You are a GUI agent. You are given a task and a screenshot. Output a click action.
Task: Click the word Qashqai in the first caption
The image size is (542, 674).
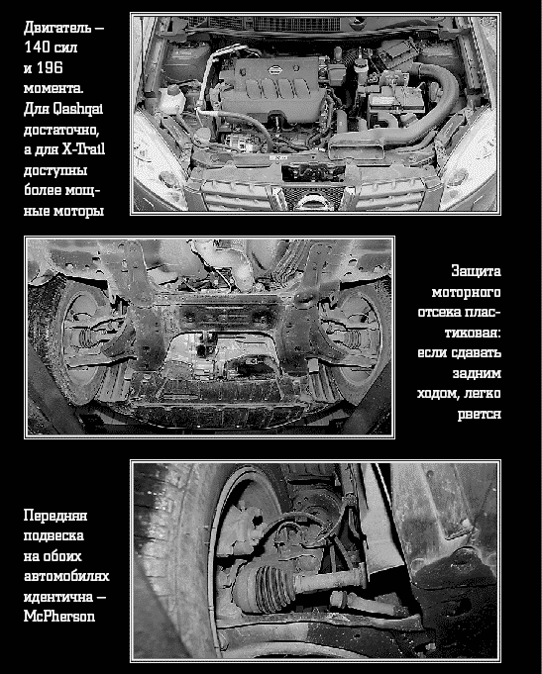coord(78,109)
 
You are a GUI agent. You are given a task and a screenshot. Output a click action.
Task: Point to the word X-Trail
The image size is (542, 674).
coord(83,149)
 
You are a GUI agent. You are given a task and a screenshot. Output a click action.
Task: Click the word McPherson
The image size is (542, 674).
coord(59,616)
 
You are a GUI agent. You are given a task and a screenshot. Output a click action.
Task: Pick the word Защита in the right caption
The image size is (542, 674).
coord(477,271)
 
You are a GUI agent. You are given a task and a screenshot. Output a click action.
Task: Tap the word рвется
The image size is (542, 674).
coord(480,415)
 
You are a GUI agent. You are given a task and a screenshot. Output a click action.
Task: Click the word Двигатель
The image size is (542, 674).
coord(57,28)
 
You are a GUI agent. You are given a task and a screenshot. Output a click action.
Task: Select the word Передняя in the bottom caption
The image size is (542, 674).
coord(55,515)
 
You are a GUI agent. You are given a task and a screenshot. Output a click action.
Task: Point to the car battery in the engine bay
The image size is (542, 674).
coord(394,100)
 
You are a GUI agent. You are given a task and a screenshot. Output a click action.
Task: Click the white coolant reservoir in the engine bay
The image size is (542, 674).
coord(172,100)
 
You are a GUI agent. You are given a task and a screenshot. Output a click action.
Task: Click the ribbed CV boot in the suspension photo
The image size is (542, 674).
coord(267,587)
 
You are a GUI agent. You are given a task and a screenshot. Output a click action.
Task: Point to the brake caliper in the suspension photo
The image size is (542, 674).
coord(238,530)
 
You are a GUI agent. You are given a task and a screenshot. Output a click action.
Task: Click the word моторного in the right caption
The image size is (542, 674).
coord(467,292)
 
